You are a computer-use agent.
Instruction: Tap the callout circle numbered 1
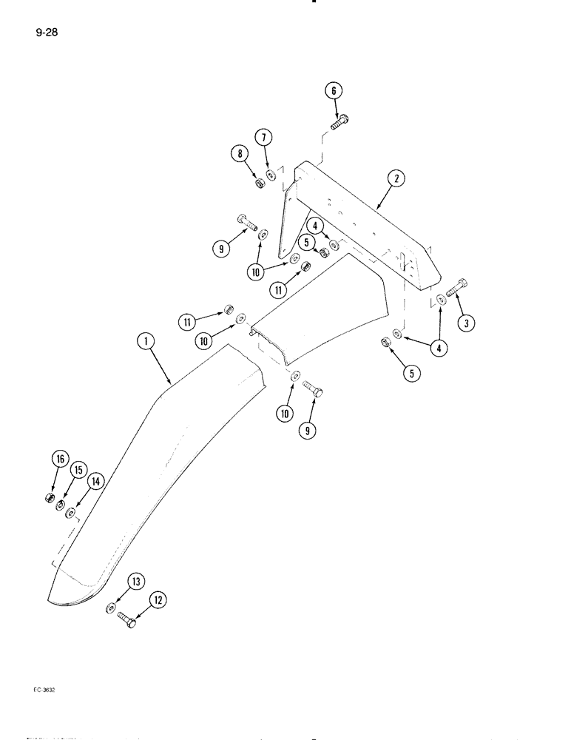[146, 341]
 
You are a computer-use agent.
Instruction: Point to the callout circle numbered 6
[333, 90]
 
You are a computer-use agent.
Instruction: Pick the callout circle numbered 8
[240, 155]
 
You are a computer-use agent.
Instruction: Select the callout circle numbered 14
[95, 481]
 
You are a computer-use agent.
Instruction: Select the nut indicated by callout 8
[260, 182]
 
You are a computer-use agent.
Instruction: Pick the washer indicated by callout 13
[110, 608]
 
